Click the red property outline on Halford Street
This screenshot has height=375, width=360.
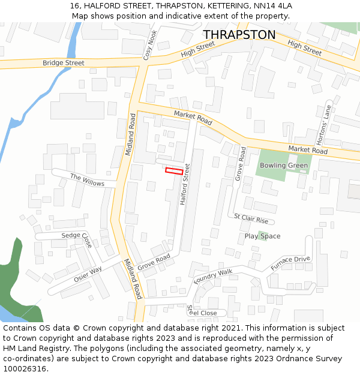(174, 171)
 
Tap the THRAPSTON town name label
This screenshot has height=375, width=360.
(239, 35)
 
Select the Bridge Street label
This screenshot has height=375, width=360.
(63, 62)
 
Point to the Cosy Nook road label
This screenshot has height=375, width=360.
(150, 44)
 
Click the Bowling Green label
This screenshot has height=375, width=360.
(283, 166)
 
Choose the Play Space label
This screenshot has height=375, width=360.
(262, 236)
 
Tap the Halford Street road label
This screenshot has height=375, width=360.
(185, 184)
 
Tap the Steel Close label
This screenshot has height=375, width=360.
(202, 313)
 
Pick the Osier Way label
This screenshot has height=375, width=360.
(88, 275)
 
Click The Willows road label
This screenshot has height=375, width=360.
(87, 180)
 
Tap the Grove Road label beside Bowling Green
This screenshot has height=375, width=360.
(240, 164)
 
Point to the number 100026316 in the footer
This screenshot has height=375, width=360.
(25, 369)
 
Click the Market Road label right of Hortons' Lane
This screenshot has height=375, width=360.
(307, 149)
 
